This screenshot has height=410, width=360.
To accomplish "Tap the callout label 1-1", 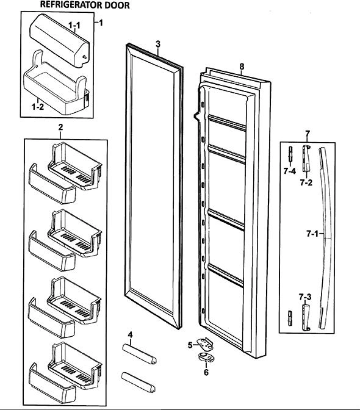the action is pyautogui.click(x=74, y=26).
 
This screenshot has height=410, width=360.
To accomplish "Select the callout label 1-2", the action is pyautogui.click(x=38, y=107).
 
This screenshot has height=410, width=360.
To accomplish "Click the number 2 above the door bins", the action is pyautogui.click(x=60, y=128).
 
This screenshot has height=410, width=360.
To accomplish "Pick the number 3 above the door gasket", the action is pyautogui.click(x=158, y=44).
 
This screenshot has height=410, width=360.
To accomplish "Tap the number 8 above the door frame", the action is pyautogui.click(x=242, y=67).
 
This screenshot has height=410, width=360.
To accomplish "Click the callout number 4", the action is pyautogui.click(x=130, y=335).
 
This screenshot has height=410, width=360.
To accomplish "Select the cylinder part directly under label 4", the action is pyautogui.click(x=139, y=354).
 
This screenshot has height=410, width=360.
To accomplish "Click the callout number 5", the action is pyautogui.click(x=190, y=345).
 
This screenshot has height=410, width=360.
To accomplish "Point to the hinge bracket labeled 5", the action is pyautogui.click(x=206, y=344).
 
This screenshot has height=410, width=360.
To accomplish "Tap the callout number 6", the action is pyautogui.click(x=206, y=372).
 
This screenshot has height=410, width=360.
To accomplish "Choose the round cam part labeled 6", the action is pyautogui.click(x=206, y=357).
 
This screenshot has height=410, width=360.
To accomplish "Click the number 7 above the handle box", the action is pyautogui.click(x=307, y=134).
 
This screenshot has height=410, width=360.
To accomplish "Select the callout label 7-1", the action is pyautogui.click(x=312, y=234).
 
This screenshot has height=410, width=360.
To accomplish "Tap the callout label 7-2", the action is pyautogui.click(x=306, y=182).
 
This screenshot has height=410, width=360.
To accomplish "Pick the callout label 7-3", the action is pyautogui.click(x=305, y=297).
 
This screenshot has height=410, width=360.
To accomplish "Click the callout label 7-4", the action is pyautogui.click(x=290, y=171).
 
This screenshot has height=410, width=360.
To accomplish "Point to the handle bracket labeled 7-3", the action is pyautogui.click(x=306, y=317).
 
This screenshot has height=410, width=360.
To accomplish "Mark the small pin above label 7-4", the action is pyautogui.click(x=290, y=155).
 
